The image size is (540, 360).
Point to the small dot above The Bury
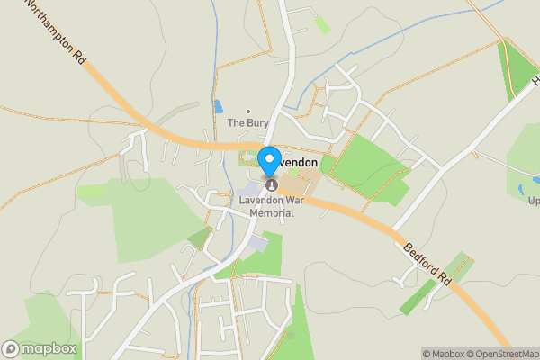(248, 111)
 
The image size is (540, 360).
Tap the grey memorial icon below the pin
(271, 184)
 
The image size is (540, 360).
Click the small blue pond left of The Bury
(219, 106)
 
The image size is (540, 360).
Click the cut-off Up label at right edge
(533, 200)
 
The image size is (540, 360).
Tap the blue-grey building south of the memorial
(258, 242)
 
